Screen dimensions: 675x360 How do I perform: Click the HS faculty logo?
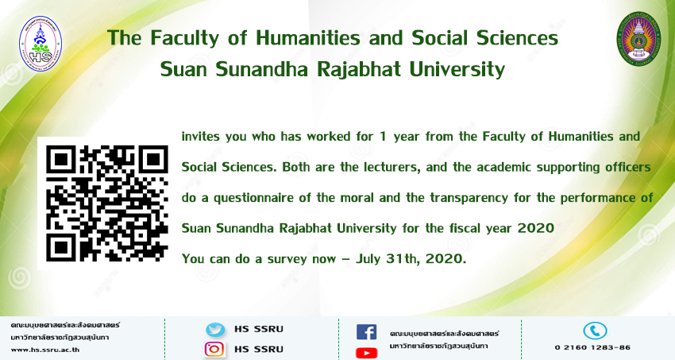pyautogui.click(x=40, y=43)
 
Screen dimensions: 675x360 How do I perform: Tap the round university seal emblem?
pyautogui.click(x=638, y=39)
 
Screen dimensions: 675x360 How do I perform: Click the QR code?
pyautogui.click(x=106, y=203)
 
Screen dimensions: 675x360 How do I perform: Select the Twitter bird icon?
pyautogui.click(x=215, y=330)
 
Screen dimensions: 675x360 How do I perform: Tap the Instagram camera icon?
pyautogui.click(x=214, y=349)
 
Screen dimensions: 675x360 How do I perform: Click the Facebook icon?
pyautogui.click(x=366, y=332)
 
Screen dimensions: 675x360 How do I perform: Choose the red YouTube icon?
pyautogui.click(x=366, y=353)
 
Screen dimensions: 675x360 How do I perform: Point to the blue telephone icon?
pyautogui.click(x=595, y=331)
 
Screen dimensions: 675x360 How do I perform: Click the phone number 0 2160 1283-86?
pyautogui.click(x=592, y=347)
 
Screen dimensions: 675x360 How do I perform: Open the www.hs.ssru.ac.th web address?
pyautogui.click(x=45, y=350)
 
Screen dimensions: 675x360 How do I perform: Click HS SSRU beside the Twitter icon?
pyautogui.click(x=259, y=329)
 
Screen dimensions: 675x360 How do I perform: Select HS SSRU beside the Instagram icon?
pyautogui.click(x=259, y=349)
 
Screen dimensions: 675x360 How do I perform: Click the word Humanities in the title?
pyautogui.click(x=308, y=38)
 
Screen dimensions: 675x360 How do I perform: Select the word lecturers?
pyautogui.click(x=392, y=167)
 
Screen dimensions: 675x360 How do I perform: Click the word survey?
pyautogui.click(x=288, y=260)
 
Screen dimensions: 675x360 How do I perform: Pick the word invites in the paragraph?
pyautogui.click(x=201, y=137)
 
